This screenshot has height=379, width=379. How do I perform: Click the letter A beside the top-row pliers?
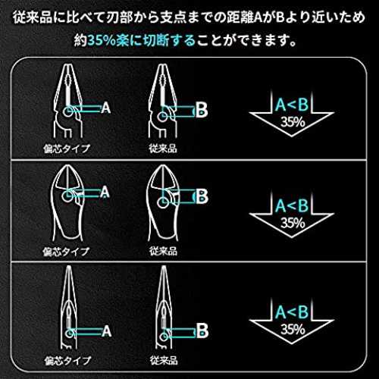[106, 108]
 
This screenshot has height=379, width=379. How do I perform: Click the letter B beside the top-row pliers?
[202, 110]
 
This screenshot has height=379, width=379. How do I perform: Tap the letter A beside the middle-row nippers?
[105, 193]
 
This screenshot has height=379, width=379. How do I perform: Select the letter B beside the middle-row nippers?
[202, 196]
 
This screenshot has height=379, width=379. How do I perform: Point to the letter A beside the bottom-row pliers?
[107, 331]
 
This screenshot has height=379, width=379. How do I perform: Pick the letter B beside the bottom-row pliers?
[202, 330]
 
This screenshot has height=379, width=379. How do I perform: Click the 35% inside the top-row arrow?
[293, 122]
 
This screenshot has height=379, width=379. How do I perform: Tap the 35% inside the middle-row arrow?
[293, 223]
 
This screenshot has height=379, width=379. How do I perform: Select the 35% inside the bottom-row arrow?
[293, 329]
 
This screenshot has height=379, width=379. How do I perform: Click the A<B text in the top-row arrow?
[292, 105]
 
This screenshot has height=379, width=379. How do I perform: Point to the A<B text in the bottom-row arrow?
[292, 312]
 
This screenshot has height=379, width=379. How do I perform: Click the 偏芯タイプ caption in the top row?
[67, 149]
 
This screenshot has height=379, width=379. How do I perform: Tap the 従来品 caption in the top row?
[163, 149]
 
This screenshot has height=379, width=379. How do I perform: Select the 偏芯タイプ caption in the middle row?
[66, 252]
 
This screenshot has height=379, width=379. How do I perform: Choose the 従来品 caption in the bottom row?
[164, 360]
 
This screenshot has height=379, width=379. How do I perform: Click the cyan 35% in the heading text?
[102, 40]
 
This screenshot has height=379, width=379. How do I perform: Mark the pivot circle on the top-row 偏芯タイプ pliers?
[67, 111]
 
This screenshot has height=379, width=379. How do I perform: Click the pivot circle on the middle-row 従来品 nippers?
[163, 202]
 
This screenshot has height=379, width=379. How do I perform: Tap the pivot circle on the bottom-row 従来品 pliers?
[164, 337]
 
